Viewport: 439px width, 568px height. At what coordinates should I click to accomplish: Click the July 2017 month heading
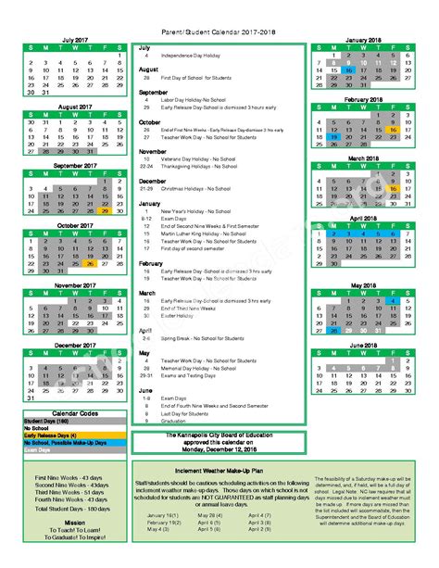point(76,40)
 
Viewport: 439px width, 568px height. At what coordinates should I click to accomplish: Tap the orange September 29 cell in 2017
point(105,210)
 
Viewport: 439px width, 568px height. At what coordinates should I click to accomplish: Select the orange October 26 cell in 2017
point(90,263)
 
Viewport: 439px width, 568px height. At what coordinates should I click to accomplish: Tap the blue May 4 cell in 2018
point(394,300)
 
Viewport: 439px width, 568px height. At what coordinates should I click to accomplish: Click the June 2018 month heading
point(364,344)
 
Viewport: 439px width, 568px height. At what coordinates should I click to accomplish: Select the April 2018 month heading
point(364,218)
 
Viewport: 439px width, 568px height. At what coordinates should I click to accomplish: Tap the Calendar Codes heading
point(75,413)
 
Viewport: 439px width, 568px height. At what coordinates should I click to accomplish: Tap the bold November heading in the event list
point(153,151)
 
